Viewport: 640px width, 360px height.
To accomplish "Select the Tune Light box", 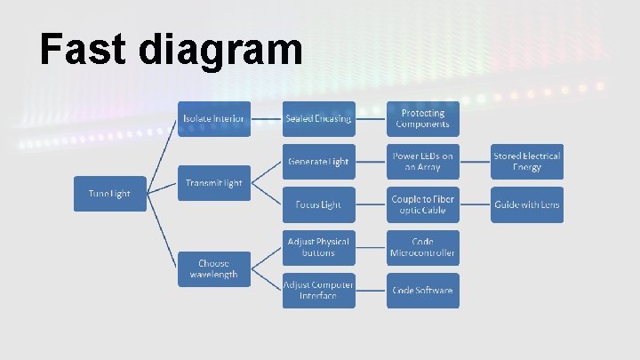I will [x=109, y=194].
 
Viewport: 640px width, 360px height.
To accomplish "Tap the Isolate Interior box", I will [x=214, y=118].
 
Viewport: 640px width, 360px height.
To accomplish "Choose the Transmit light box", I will [x=214, y=183].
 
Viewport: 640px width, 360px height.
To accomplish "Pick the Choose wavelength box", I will [x=214, y=268].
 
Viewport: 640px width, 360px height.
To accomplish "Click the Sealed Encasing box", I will [x=318, y=118].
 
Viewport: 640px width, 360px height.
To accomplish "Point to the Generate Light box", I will [x=318, y=162].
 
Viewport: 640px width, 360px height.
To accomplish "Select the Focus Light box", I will [x=318, y=204].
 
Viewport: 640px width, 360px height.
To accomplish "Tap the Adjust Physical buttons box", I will [x=318, y=247].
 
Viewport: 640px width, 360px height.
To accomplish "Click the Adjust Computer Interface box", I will [x=318, y=290].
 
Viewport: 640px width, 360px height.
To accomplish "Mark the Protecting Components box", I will [x=423, y=118].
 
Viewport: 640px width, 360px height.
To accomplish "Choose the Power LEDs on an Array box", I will [x=423, y=162].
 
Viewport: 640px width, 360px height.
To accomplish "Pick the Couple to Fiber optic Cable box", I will [x=423, y=204].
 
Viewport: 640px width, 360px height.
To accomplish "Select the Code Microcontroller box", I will [x=423, y=247].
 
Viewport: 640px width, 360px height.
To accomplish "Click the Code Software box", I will [x=423, y=290].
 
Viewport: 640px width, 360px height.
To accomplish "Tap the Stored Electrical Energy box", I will [x=527, y=162].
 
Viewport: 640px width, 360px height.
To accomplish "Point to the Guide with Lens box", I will [x=527, y=204].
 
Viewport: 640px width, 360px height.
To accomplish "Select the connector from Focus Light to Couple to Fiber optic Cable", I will [x=371, y=204].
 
